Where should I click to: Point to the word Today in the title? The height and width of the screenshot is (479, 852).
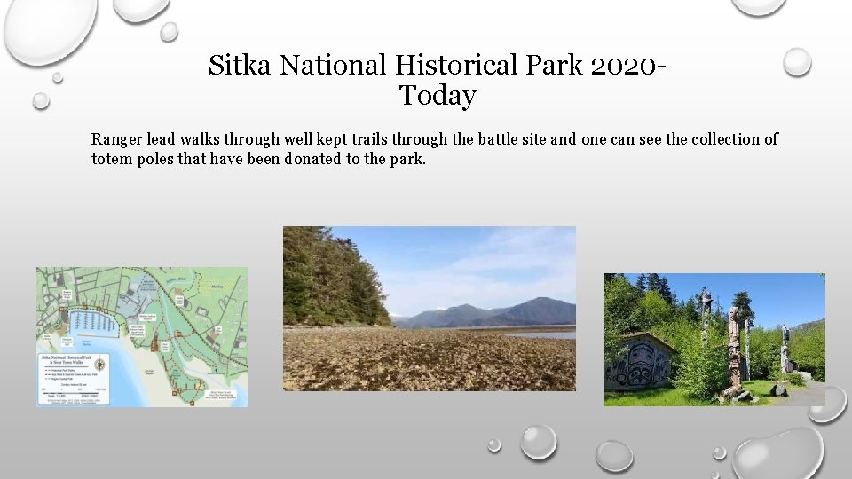pos(437,95)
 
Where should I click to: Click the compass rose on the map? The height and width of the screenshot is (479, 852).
pos(99,365)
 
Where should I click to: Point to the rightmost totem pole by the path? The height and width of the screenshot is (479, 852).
pos(785,348)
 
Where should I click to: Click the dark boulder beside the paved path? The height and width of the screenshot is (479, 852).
pos(778,389)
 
